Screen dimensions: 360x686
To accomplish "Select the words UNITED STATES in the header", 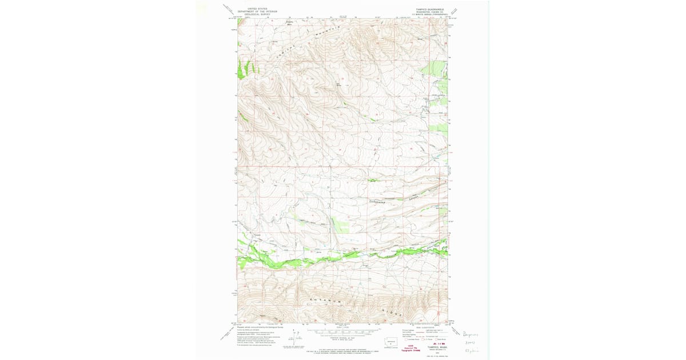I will (x=258, y=9).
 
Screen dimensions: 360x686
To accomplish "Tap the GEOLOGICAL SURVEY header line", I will (x=258, y=14).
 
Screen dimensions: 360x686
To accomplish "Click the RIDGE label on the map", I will (x=393, y=313).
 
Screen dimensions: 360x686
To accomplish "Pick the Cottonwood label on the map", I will (x=378, y=202).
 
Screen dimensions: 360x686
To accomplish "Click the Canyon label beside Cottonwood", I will (x=415, y=197).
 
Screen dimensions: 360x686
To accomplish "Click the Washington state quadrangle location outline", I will (x=390, y=343).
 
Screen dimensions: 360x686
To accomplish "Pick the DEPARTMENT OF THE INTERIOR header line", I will (x=258, y=11).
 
